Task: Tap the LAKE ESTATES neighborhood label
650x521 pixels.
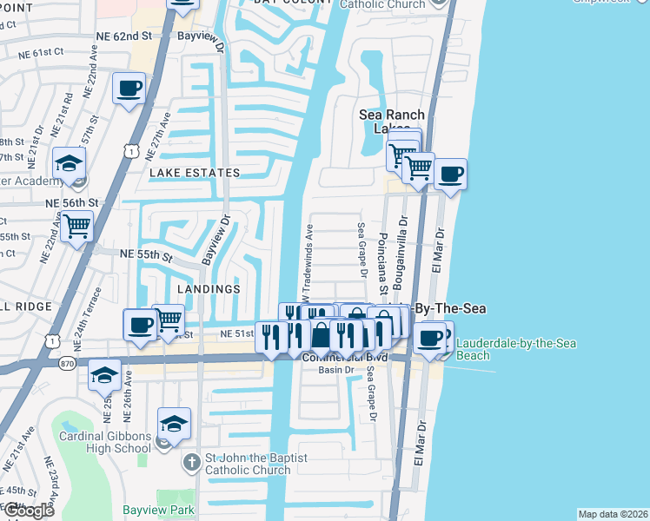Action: click(x=195, y=173)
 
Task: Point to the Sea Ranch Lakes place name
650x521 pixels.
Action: click(x=392, y=122)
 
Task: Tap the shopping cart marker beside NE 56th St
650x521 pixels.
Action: click(x=77, y=227)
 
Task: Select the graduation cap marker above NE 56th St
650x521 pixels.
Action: click(x=69, y=163)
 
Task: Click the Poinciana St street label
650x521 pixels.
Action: click(x=381, y=260)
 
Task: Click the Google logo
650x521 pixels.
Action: click(x=29, y=511)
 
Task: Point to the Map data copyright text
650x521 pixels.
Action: click(x=612, y=514)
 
